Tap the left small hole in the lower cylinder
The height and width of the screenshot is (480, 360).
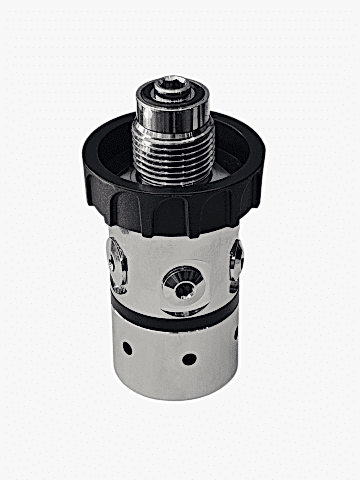127,349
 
